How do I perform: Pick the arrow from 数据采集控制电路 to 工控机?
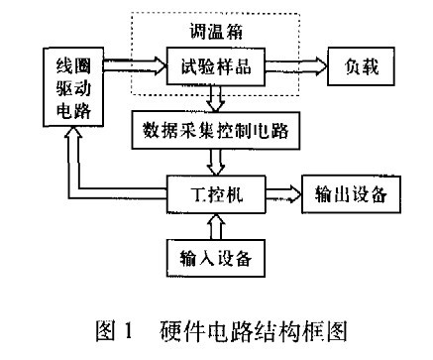[x=216, y=159]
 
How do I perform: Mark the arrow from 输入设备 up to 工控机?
[x=218, y=223]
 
